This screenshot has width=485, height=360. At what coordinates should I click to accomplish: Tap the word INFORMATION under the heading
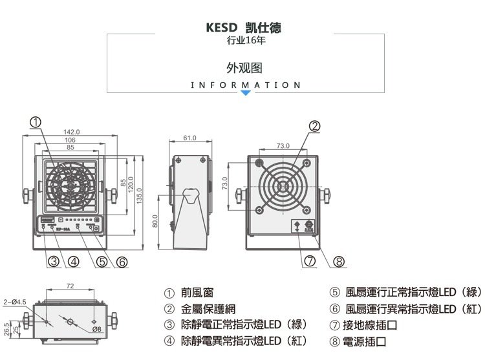(x=246, y=85)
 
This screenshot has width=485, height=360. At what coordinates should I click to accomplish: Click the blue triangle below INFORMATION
(x=246, y=94)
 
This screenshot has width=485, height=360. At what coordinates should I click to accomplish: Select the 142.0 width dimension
(x=72, y=132)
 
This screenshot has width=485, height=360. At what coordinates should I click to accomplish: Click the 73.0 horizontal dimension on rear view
(x=283, y=146)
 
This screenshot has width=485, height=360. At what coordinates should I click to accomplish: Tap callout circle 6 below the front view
(x=122, y=262)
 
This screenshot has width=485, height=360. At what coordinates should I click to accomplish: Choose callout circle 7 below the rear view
(x=310, y=262)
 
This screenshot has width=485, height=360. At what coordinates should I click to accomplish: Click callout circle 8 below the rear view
(x=338, y=262)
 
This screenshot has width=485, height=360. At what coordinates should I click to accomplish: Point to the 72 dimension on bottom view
(x=69, y=285)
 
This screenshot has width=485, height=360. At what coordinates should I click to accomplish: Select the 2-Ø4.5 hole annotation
(x=14, y=301)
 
